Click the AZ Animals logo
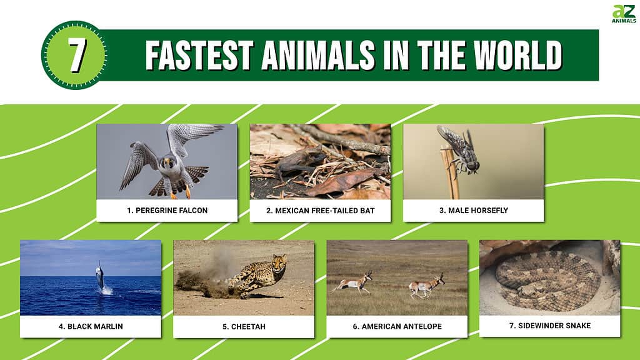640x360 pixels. [624, 14]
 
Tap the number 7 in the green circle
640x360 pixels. [77, 56]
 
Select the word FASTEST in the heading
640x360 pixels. [200, 55]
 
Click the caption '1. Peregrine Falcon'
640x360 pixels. [167, 211]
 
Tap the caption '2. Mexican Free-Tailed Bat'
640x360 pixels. [321, 211]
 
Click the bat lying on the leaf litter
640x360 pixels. [297, 163]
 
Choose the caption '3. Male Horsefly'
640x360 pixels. [474, 211]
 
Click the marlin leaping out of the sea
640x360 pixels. [100, 277]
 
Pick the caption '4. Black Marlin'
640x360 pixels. [91, 326]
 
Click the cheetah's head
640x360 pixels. [279, 262]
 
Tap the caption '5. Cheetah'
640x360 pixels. [244, 326]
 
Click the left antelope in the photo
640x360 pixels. [352, 282]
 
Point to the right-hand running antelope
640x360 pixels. [427, 286]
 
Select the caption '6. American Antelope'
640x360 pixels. [397, 326]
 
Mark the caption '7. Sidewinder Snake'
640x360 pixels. [550, 326]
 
